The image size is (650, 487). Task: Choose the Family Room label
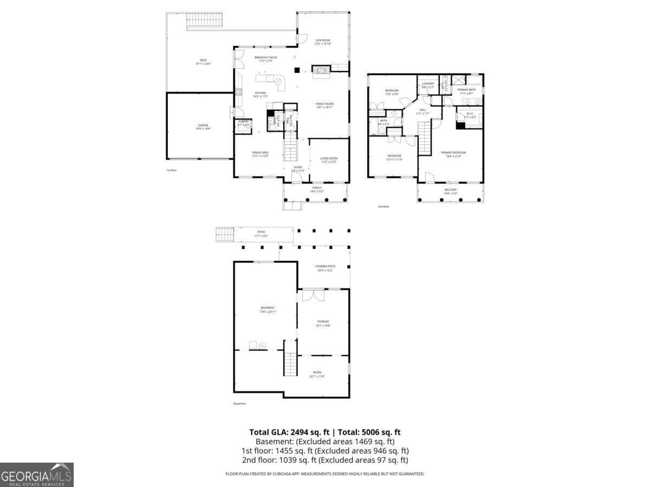point(325,105)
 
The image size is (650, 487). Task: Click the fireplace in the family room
point(320,71)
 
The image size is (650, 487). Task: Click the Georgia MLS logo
point(37,475)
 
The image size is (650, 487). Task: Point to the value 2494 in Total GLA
point(301,432)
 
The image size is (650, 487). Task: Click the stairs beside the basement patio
point(224,235)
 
